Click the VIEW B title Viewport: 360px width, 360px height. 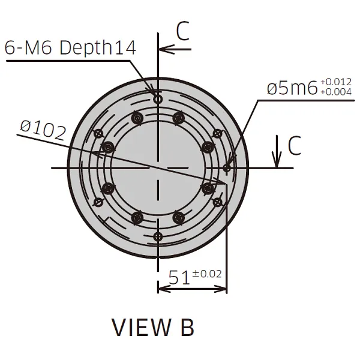point(153,328)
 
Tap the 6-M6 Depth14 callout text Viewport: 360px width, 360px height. point(70,48)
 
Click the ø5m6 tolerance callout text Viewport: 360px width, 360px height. point(292,88)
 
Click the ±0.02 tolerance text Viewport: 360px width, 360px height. point(207,274)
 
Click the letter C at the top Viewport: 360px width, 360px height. point(183,32)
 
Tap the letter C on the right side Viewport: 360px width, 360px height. point(294,146)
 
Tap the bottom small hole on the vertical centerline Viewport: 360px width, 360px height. point(158,236)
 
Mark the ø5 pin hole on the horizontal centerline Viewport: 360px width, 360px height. point(226,168)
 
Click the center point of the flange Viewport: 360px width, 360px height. point(158,168)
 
